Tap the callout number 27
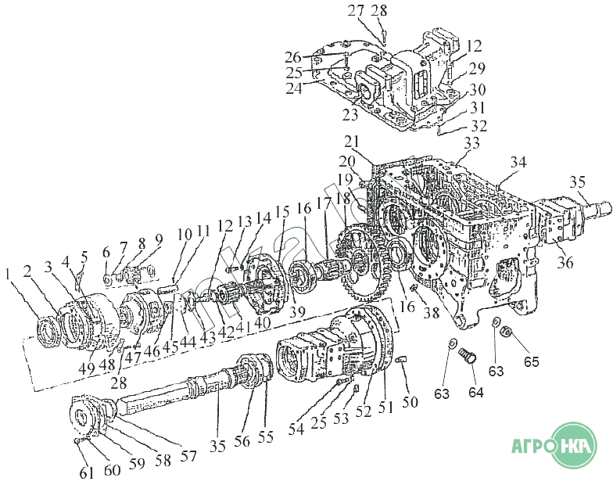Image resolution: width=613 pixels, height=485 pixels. coord(356,10)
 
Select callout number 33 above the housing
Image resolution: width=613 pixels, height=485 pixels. coord(471,144)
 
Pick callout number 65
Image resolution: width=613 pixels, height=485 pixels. coord(532,363)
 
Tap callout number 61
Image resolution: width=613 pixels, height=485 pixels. coord(86,472)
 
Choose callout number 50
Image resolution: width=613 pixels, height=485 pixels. coord(410,402)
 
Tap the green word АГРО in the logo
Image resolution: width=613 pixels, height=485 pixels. coord(534,447)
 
